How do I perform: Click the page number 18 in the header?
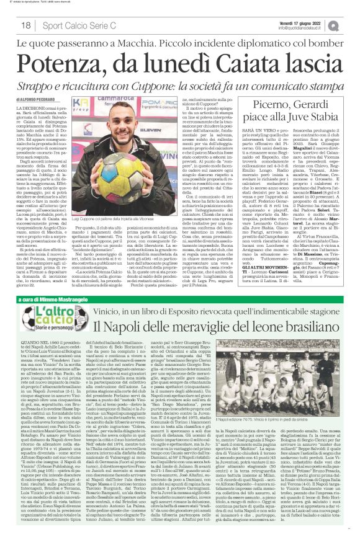click(x=25, y=25)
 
